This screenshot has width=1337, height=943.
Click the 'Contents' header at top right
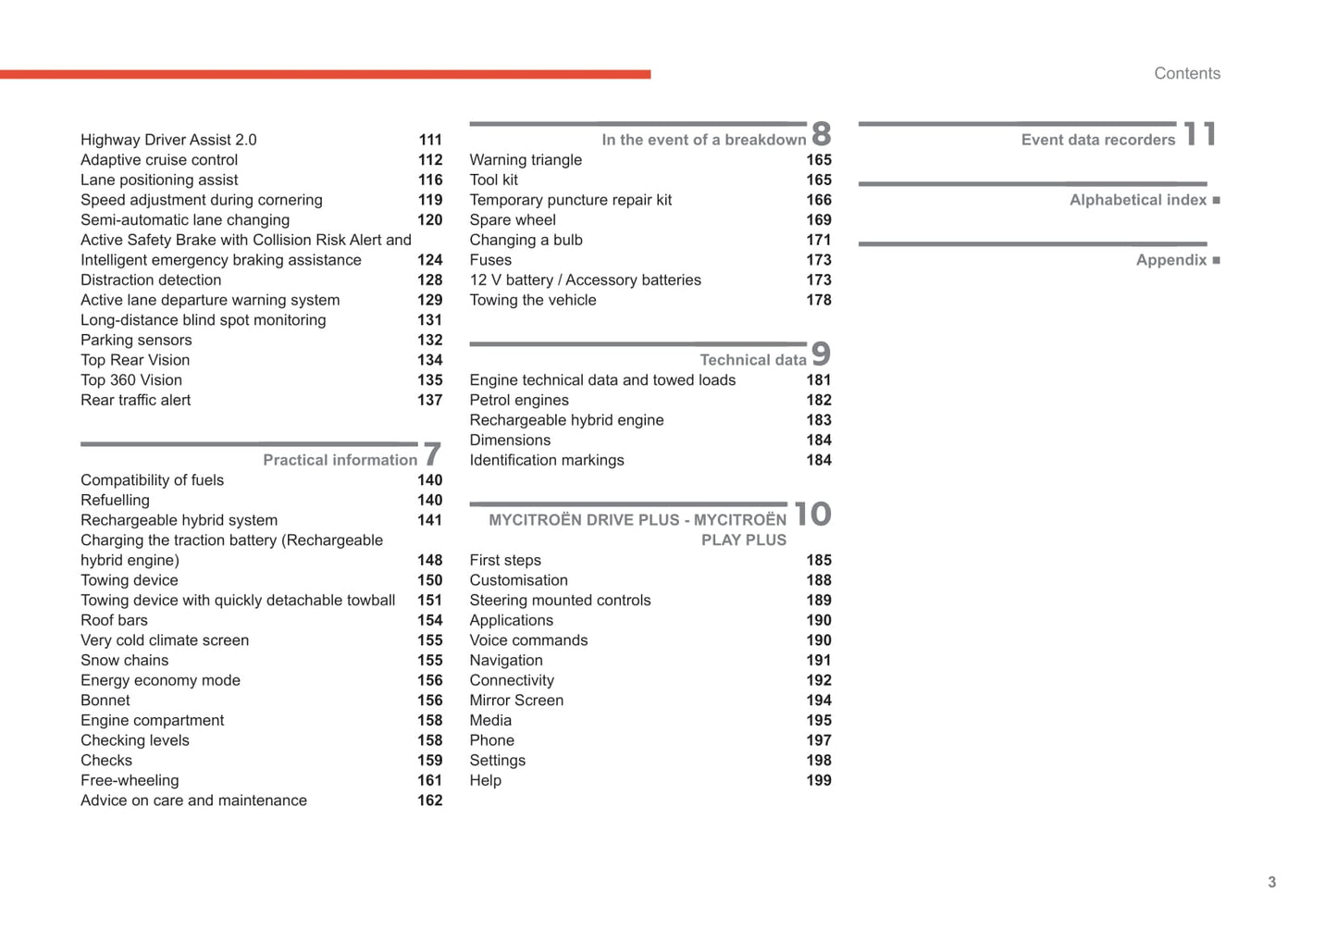[1186, 74]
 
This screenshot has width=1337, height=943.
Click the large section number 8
[821, 134]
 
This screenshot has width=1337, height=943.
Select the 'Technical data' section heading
[752, 360]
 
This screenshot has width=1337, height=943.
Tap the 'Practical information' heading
[340, 460]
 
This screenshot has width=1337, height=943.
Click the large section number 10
[811, 515]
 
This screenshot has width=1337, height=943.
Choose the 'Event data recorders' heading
[1097, 140]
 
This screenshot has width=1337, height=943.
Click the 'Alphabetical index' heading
[1137, 200]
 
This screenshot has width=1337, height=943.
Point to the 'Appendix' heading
[1170, 260]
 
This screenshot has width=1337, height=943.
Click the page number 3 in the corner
[1271, 882]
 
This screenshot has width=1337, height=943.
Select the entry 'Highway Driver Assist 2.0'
[168, 140]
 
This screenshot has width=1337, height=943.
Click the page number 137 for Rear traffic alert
[429, 400]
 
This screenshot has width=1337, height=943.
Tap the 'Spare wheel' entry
[513, 220]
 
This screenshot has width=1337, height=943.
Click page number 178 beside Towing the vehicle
[818, 300]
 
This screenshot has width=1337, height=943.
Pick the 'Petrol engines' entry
[519, 400]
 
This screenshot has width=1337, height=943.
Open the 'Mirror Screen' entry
[516, 701]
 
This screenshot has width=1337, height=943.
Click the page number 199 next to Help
[818, 780]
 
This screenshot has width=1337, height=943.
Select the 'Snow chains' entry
[124, 660]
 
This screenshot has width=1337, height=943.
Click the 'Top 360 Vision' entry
[131, 380]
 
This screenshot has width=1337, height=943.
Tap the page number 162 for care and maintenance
[429, 800]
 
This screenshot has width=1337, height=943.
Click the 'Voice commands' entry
[528, 640]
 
